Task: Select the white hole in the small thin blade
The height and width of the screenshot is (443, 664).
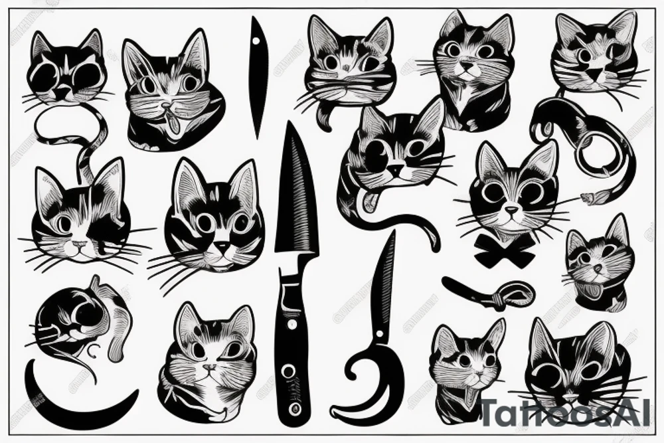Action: (x=256, y=41)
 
